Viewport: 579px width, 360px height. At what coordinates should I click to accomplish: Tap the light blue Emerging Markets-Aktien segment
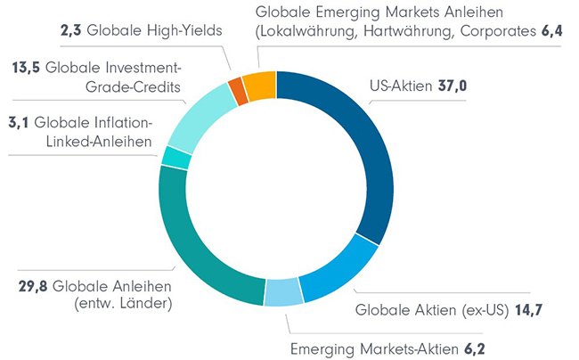click(x=283, y=292)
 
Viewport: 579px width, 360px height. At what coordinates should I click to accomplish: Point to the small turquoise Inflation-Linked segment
click(x=175, y=157)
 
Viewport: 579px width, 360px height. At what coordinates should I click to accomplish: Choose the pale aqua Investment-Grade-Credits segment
click(x=196, y=116)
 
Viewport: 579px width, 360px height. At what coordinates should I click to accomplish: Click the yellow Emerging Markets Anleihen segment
click(x=259, y=83)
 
